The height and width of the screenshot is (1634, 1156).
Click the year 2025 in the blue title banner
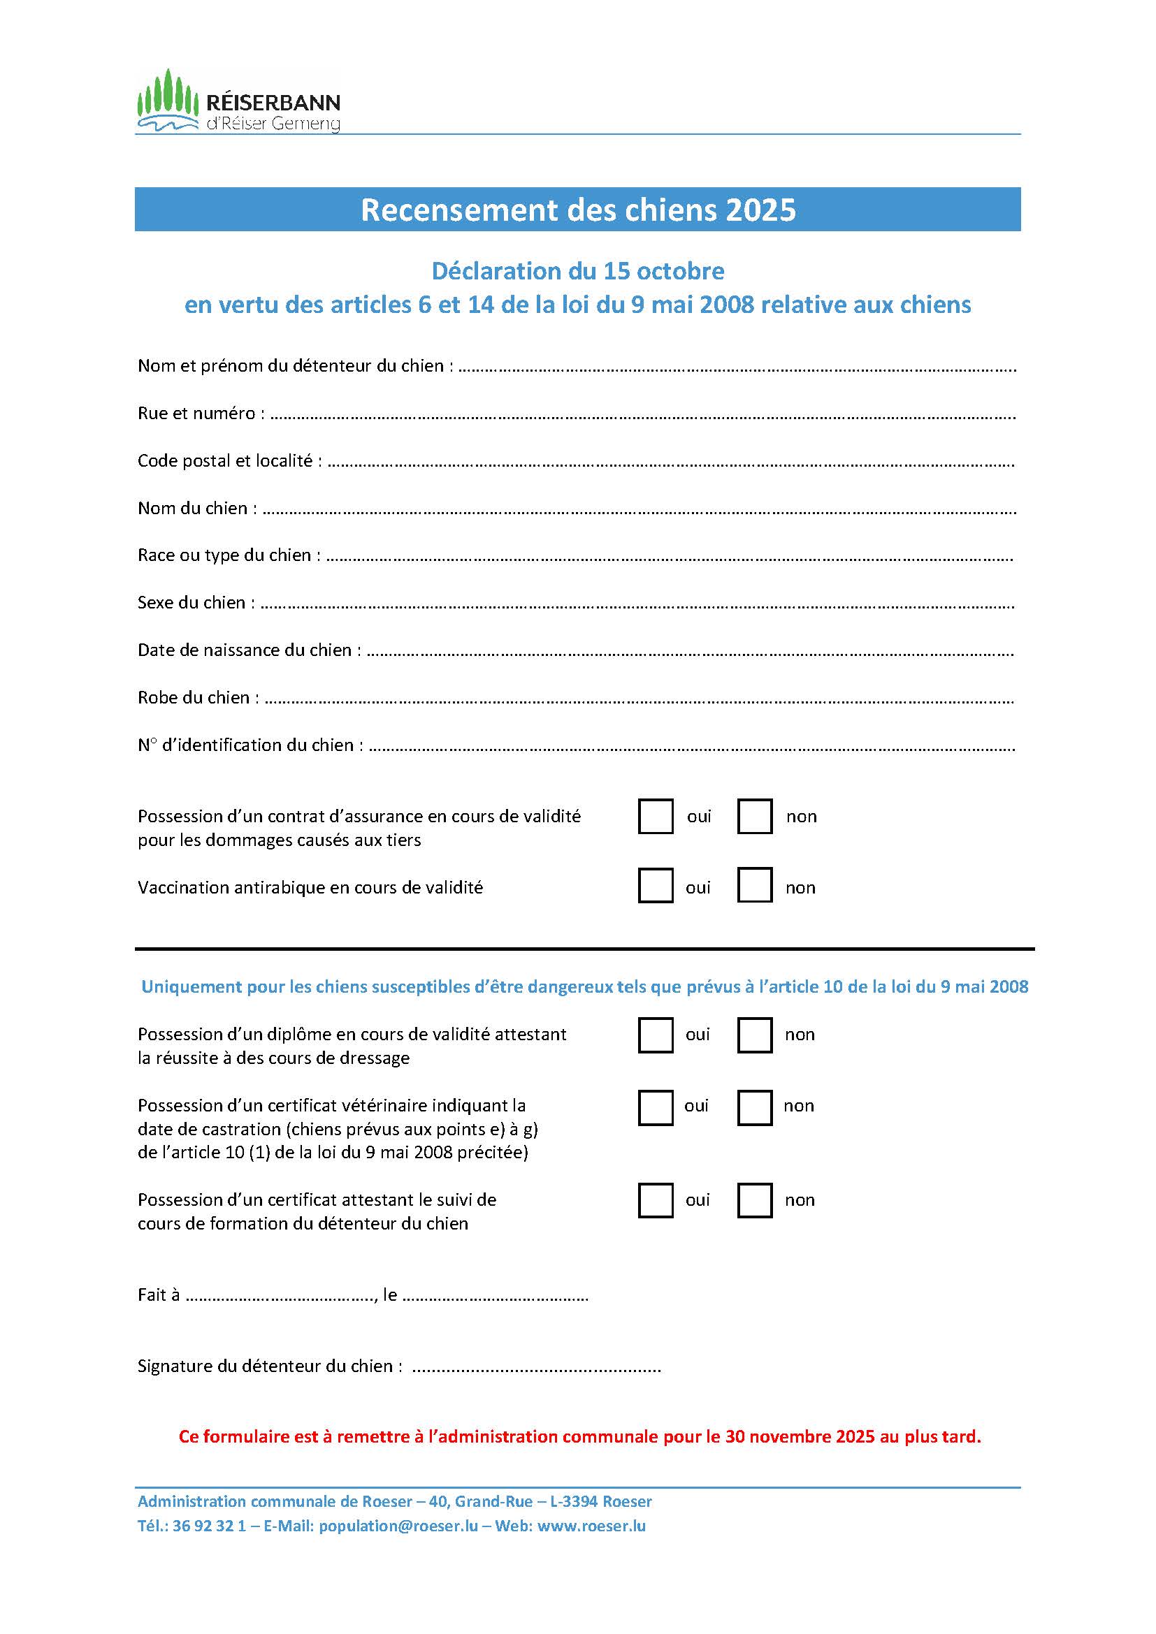[760, 210]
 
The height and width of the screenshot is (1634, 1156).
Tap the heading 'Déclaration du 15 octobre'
[578, 271]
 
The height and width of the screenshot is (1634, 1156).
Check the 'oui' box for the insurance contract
[656, 816]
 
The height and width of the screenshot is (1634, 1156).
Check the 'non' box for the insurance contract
[755, 816]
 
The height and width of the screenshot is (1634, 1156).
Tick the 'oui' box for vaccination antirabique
[656, 886]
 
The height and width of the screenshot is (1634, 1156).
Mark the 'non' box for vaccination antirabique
[755, 886]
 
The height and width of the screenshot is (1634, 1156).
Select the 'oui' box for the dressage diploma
[656, 1035]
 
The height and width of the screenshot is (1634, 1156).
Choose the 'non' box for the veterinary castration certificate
[755, 1107]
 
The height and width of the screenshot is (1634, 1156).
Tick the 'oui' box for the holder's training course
[656, 1201]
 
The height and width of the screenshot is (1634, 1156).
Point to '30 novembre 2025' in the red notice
[800, 1437]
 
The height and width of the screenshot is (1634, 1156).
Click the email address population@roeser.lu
[398, 1526]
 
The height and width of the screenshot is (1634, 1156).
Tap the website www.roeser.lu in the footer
[591, 1526]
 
